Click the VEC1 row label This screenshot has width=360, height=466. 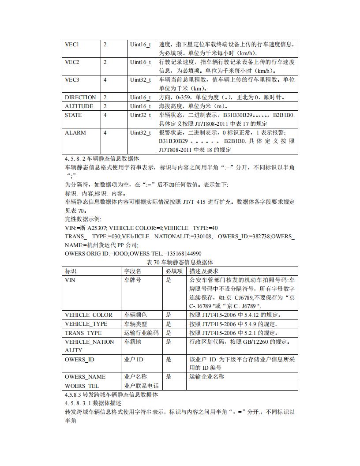tap(72, 45)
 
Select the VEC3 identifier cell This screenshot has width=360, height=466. tap(72, 80)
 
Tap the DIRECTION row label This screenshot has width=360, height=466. tap(80, 98)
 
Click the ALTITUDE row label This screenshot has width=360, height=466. tap(79, 106)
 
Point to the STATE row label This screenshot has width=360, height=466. tap(73, 115)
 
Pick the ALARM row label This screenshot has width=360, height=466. tap(75, 133)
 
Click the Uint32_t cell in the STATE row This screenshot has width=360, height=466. tap(140, 115)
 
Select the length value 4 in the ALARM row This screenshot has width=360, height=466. tap(105, 133)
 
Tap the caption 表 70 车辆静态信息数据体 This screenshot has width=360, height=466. tap(180, 262)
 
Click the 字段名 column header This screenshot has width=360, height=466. tap(132, 271)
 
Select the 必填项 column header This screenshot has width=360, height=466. tap(174, 271)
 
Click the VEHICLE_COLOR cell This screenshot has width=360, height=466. tap(89, 315)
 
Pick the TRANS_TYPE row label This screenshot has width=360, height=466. tap(83, 333)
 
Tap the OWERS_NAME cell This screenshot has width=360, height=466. tap(85, 377)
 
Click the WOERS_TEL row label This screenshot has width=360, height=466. tap(82, 386)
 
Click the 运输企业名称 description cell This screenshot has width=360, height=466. tap(206, 377)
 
